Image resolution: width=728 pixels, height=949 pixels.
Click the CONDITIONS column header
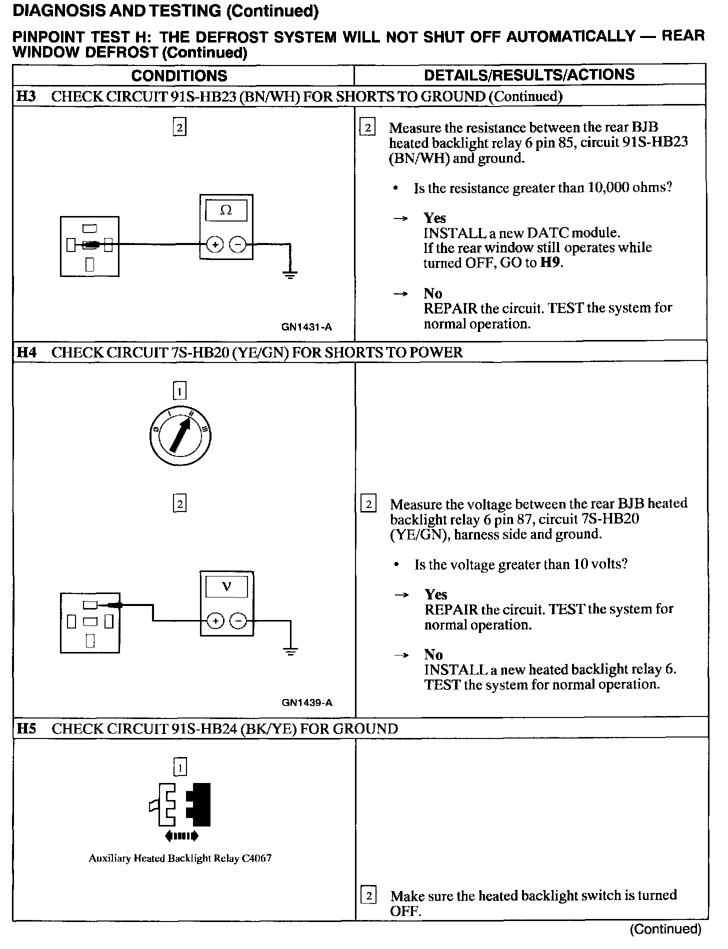pyautogui.click(x=179, y=75)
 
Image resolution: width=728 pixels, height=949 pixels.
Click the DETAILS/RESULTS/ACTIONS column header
pyautogui.click(x=529, y=74)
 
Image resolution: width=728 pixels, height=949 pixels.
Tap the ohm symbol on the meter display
pyautogui.click(x=226, y=210)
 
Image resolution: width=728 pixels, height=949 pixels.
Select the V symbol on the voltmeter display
pyautogui.click(x=226, y=586)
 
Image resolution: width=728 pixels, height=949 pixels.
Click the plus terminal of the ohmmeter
pyautogui.click(x=215, y=245)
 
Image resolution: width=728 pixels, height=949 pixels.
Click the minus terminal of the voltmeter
pyautogui.click(x=238, y=621)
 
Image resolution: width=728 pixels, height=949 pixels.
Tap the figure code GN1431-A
pyautogui.click(x=306, y=327)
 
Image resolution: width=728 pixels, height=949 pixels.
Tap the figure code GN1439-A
pyautogui.click(x=306, y=702)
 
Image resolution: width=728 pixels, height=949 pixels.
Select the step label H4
pyautogui.click(x=26, y=352)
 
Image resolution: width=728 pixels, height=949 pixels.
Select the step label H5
pyautogui.click(x=26, y=728)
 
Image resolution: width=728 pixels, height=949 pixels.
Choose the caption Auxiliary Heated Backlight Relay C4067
pyautogui.click(x=180, y=858)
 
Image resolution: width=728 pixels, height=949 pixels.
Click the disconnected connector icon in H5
pyautogui.click(x=180, y=804)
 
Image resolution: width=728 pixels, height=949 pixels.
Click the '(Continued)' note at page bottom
pyautogui.click(x=666, y=929)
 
